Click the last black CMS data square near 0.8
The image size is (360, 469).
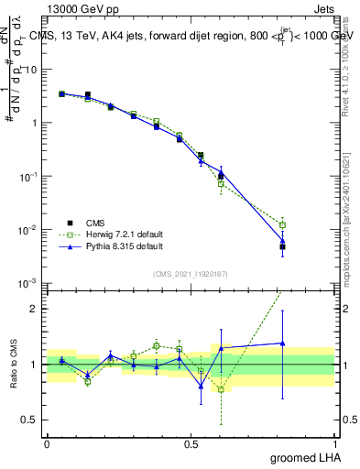point(283,246)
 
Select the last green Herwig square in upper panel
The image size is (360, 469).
point(283,224)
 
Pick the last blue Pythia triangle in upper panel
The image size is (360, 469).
point(283,241)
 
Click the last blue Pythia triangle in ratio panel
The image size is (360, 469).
point(283,344)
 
